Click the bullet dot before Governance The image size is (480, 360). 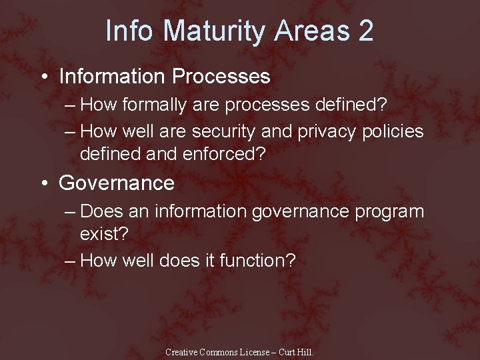[x=43, y=183]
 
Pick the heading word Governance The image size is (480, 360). [x=117, y=183]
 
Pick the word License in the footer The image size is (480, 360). [x=252, y=352]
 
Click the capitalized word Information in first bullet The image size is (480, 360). [x=112, y=77]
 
